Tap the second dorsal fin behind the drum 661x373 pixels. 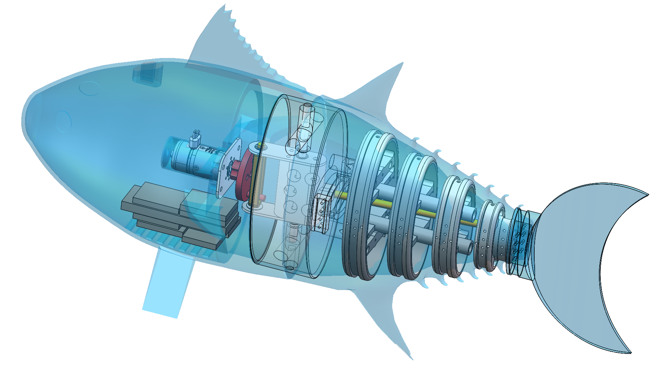pyautogui.click(x=382, y=88)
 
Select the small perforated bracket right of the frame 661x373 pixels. pyautogui.click(x=322, y=213)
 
